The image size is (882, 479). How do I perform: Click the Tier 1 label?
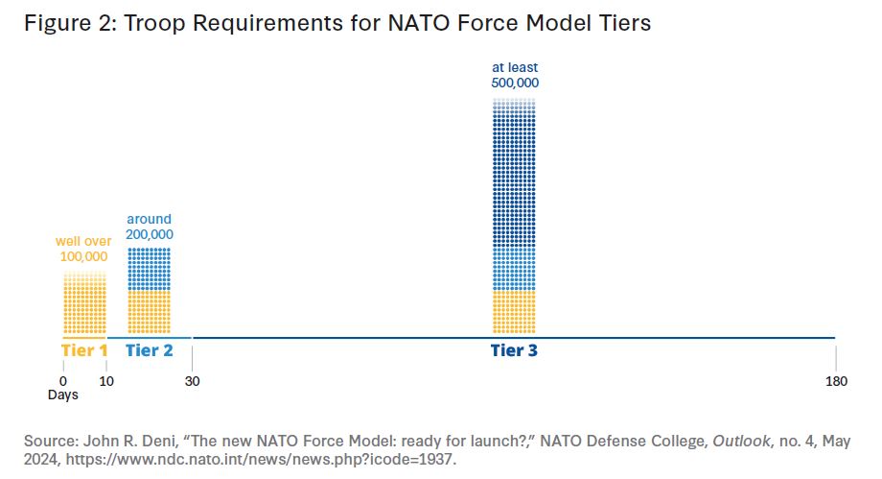83,350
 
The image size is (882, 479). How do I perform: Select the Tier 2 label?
149,350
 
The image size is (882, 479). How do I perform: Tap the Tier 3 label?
514,350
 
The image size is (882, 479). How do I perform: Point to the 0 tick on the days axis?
63,381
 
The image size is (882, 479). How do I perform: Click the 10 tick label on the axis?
105,381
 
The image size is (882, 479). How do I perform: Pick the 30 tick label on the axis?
192,381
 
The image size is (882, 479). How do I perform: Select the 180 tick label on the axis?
836,381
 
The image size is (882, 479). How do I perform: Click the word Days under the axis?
63,395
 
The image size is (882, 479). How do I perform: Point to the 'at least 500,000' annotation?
514,76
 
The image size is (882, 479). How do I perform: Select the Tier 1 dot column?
84,301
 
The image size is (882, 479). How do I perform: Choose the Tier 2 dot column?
149,288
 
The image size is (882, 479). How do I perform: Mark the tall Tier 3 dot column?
514,211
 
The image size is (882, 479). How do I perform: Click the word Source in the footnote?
48,440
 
